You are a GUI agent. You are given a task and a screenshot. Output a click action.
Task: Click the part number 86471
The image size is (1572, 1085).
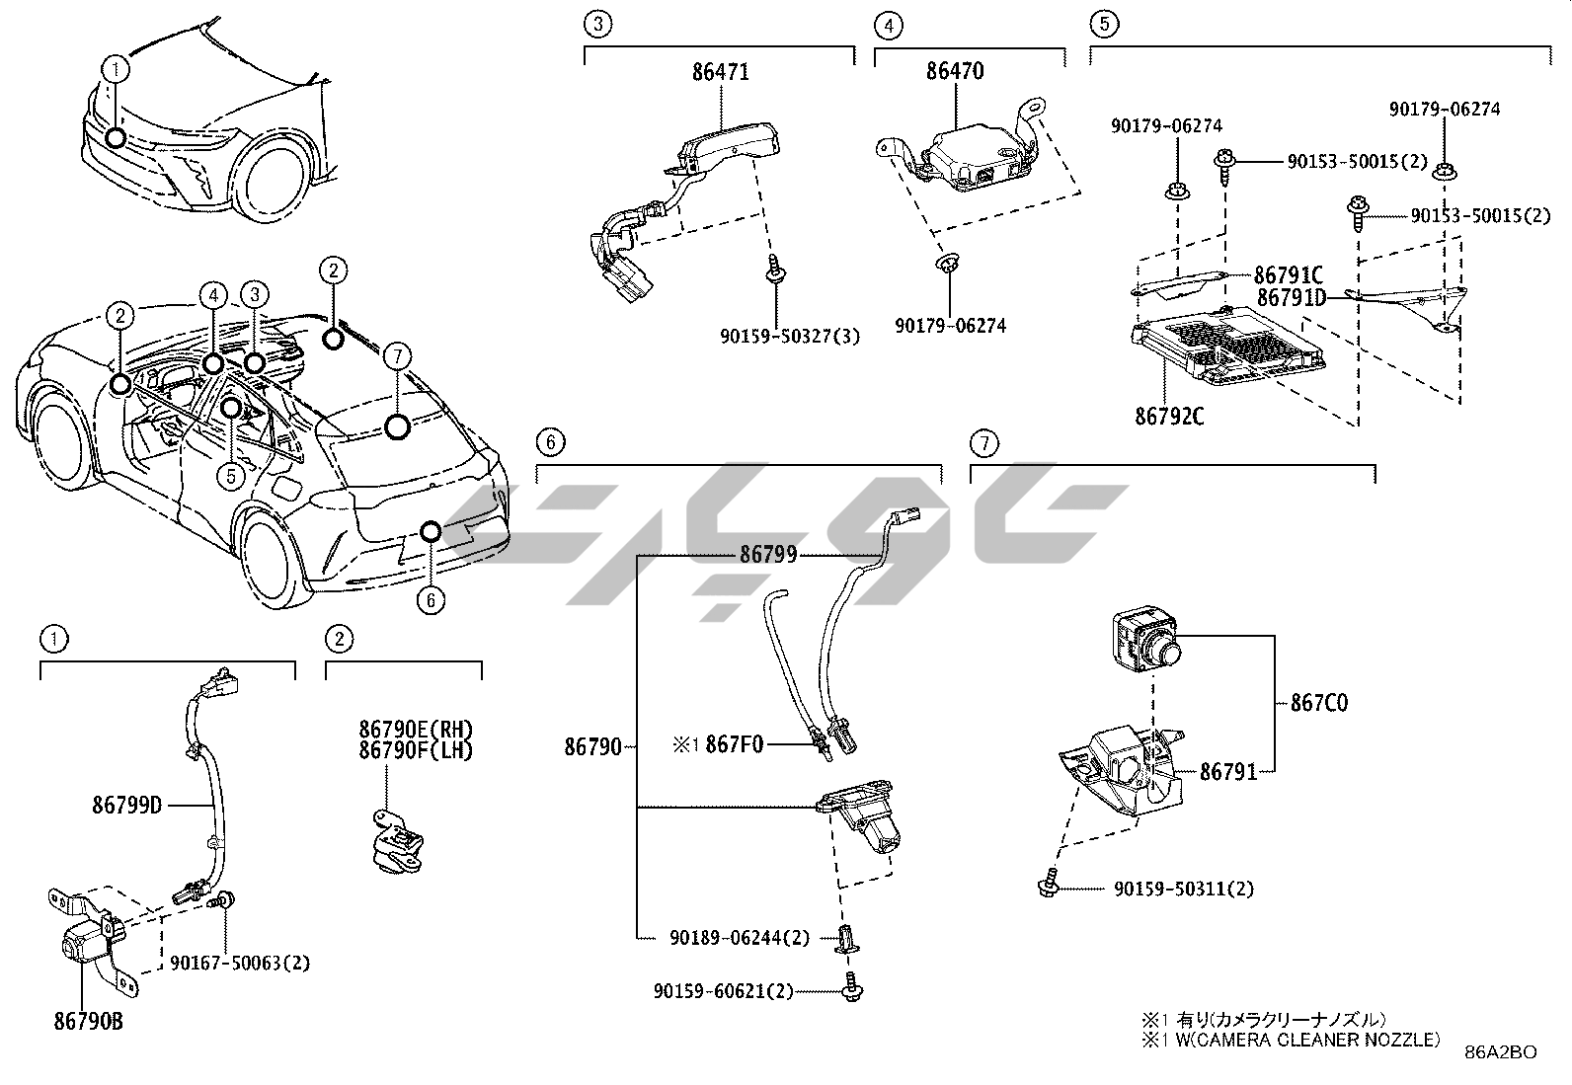720,72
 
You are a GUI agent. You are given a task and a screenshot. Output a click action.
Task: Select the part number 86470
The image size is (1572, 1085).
954,72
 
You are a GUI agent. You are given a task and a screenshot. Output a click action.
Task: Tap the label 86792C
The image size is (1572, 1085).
1169,416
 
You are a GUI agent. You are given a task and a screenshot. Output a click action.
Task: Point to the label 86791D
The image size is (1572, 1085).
1290,296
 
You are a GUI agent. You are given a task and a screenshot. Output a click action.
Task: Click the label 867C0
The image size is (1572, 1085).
1318,703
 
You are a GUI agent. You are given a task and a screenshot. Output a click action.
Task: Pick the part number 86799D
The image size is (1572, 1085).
127,805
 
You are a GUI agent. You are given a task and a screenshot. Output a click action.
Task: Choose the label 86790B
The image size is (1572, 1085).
89,1022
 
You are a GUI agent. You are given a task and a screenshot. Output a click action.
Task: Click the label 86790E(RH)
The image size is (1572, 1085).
416,730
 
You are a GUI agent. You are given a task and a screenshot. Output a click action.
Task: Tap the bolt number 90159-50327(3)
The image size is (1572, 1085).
789,337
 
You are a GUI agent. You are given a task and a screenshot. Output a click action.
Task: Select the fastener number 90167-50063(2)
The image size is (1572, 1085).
240,963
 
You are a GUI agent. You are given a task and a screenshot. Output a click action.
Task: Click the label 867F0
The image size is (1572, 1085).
734,744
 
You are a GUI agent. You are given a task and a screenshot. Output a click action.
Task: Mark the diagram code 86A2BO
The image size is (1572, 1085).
1501,1052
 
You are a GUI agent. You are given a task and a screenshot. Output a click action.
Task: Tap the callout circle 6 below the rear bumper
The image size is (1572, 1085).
431,599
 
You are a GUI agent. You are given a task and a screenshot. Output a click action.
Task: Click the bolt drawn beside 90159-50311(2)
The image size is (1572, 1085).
1048,882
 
